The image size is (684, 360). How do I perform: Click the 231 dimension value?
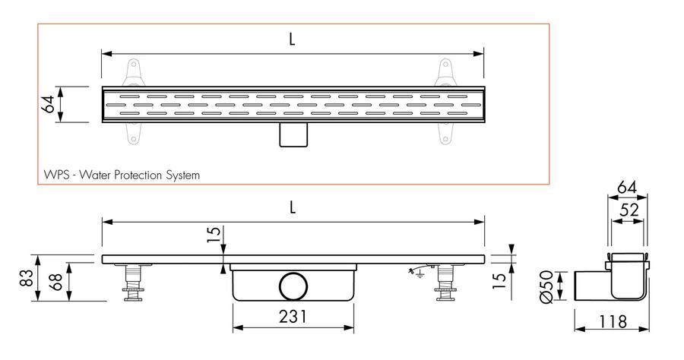(x=293, y=317)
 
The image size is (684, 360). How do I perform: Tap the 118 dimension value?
(x=613, y=322)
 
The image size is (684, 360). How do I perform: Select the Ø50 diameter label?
(x=546, y=286)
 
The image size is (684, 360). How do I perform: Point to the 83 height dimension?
(x=27, y=278)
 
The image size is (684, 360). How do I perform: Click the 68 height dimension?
(x=57, y=282)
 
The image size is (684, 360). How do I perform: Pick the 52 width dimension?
(x=629, y=210)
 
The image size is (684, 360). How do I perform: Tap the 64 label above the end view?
(x=627, y=188)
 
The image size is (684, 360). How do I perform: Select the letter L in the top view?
(x=292, y=39)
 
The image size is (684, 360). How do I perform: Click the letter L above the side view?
(x=293, y=207)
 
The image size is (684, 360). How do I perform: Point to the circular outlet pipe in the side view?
(x=293, y=286)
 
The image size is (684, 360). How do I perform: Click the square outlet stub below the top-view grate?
(x=293, y=134)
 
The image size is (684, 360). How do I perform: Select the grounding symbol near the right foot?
(x=418, y=272)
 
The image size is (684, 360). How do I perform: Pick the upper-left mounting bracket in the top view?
(x=134, y=73)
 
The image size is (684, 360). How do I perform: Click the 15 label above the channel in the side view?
(x=214, y=235)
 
